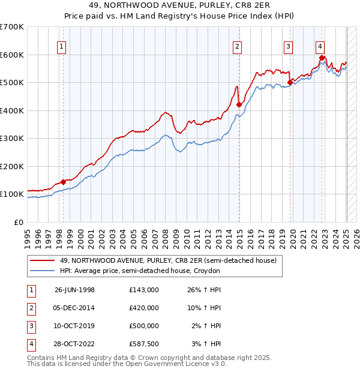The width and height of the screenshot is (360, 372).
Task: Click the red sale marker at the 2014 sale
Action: point(239,104)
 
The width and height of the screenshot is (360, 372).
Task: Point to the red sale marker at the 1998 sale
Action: point(63,182)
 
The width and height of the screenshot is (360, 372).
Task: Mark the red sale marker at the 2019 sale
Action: point(290,82)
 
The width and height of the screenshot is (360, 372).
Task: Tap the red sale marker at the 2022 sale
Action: point(322,58)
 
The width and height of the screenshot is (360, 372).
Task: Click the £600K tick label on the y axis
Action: point(11,55)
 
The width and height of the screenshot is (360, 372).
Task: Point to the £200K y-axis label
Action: point(11,166)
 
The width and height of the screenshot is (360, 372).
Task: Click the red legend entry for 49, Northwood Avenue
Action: point(168,260)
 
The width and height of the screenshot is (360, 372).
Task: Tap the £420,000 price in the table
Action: point(143,308)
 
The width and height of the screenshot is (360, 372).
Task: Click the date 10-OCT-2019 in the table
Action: point(74,326)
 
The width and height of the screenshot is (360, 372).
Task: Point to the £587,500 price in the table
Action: point(143,344)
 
